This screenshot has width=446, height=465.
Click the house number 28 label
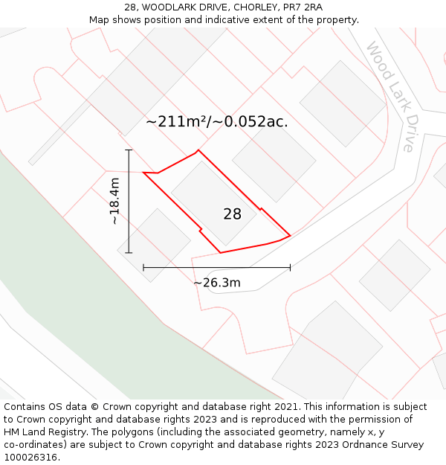click(x=232, y=214)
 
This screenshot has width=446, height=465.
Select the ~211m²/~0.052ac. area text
click(x=216, y=121)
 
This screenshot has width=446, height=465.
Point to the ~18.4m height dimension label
click(x=114, y=201)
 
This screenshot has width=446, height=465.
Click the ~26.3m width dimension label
click(x=217, y=283)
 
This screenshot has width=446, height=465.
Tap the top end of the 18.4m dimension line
click(x=129, y=150)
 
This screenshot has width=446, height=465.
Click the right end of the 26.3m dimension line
click(x=290, y=267)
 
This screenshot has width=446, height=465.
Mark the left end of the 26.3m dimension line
click(x=143, y=267)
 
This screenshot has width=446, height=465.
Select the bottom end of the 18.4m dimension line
click(x=129, y=253)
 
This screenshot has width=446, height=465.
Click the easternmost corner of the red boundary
click(x=290, y=237)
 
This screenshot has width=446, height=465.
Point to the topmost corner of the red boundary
click(x=198, y=150)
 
